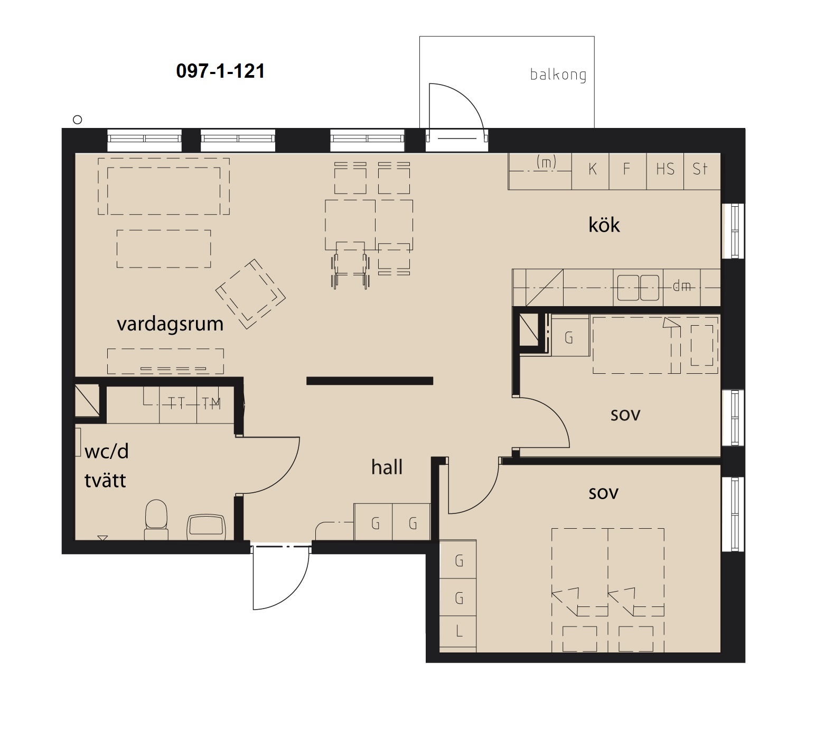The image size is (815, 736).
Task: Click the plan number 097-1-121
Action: coord(220,71)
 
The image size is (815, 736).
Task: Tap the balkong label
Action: coord(558,75)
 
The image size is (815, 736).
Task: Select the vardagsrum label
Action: coord(170,324)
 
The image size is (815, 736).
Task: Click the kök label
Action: coord(604,225)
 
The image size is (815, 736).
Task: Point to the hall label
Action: coord(387,467)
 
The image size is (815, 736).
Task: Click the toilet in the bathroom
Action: coord(156,520)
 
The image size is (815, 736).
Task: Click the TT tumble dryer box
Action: coord(178,404)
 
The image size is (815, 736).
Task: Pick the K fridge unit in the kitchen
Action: coord(591,171)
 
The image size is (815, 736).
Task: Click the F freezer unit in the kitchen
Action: coord(628,171)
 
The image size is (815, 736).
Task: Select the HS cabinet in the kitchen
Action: coord(666,171)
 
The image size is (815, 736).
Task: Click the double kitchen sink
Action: coord(639,287)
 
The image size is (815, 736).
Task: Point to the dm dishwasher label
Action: coord(682,287)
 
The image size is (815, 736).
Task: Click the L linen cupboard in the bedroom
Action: coord(458,631)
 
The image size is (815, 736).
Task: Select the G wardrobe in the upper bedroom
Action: coord(569,337)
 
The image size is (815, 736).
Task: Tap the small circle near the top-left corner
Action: coord(78,119)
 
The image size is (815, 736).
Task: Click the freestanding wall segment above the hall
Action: coord(370,381)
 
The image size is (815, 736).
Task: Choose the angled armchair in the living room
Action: coord(251,294)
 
